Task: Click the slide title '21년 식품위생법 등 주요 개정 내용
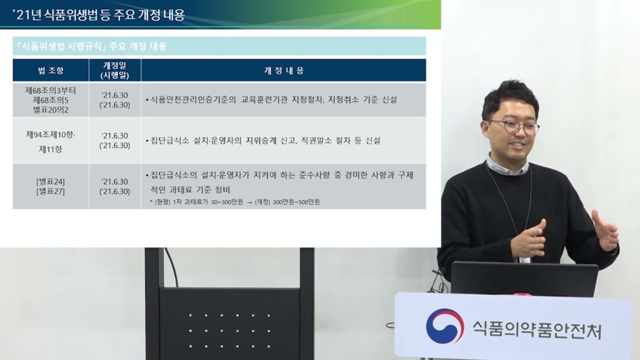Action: (x=99, y=15)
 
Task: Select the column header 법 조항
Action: (x=51, y=71)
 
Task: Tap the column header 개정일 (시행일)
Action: (x=115, y=71)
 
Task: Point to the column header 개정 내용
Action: (x=284, y=71)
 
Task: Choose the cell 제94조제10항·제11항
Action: (x=51, y=142)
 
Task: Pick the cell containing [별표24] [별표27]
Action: (x=51, y=186)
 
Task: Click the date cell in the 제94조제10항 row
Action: (x=115, y=141)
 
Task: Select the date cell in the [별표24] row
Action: (x=115, y=186)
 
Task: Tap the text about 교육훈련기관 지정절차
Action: (x=271, y=100)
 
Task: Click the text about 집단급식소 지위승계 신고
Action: (x=263, y=141)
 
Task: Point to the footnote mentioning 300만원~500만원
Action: (x=235, y=202)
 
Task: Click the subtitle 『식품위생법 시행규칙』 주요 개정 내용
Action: (x=90, y=46)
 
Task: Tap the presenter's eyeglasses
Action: (x=514, y=127)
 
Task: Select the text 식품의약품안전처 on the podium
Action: (x=537, y=330)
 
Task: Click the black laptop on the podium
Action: (x=524, y=279)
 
